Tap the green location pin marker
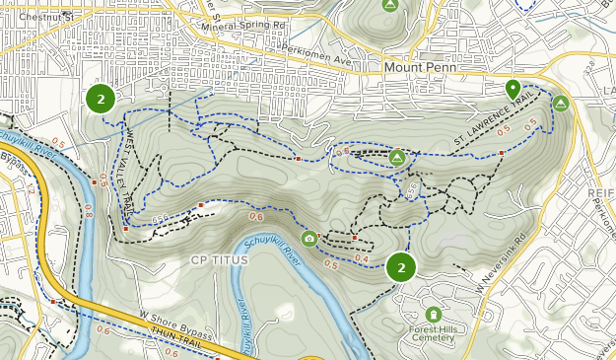point(513,89)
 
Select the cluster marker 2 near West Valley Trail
point(101,99)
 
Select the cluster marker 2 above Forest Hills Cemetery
point(400,267)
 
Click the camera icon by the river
point(309,238)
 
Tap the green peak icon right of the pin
point(561,103)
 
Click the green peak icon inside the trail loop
point(397,156)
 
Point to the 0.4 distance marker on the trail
point(362,258)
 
